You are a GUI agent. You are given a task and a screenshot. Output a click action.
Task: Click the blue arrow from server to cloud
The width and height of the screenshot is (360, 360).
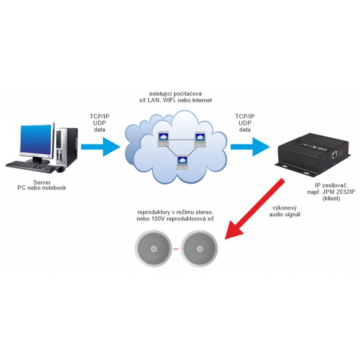(100, 146)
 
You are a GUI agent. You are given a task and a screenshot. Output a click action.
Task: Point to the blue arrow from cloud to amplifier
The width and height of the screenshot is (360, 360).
(250, 146)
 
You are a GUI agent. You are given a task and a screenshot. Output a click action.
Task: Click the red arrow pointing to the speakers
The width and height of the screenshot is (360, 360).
(252, 210)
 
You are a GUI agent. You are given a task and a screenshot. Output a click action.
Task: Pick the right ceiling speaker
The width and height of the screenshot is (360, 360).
(199, 249)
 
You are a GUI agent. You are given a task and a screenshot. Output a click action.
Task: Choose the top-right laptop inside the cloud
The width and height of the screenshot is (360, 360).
(200, 139)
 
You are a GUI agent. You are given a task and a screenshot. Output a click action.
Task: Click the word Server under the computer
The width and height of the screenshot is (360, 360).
(41, 182)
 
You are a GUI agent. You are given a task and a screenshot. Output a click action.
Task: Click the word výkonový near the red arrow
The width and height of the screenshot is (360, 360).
(285, 208)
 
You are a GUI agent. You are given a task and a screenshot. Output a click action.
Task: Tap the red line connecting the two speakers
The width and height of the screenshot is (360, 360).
(176, 249)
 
